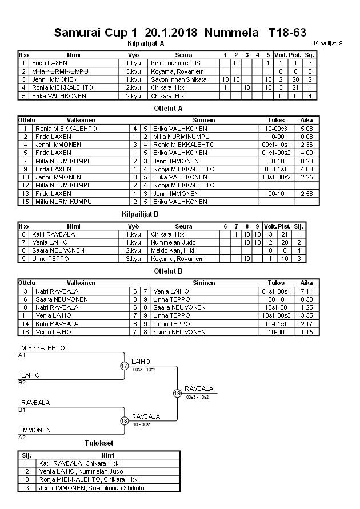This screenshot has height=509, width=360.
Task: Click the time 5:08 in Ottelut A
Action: pyautogui.click(x=307, y=129)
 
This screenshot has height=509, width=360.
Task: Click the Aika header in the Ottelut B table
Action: pyautogui.click(x=307, y=283)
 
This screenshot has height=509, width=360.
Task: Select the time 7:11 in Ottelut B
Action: pyautogui.click(x=307, y=291)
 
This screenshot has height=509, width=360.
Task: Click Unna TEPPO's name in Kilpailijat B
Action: pyautogui.click(x=50, y=259)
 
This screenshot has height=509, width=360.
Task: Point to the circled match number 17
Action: pyautogui.click(x=124, y=366)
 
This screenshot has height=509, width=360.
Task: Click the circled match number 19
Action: pyautogui.click(x=177, y=393)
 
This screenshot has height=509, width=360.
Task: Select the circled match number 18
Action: pyautogui.click(x=124, y=421)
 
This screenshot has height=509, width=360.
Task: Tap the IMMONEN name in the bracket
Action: pyautogui.click(x=36, y=430)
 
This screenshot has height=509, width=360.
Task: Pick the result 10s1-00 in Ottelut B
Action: pyautogui.click(x=276, y=307)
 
